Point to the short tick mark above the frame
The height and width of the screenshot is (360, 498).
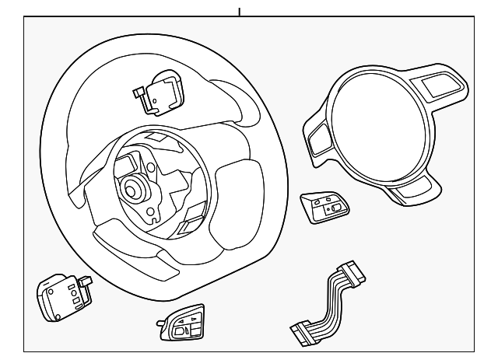pos(240,12)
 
